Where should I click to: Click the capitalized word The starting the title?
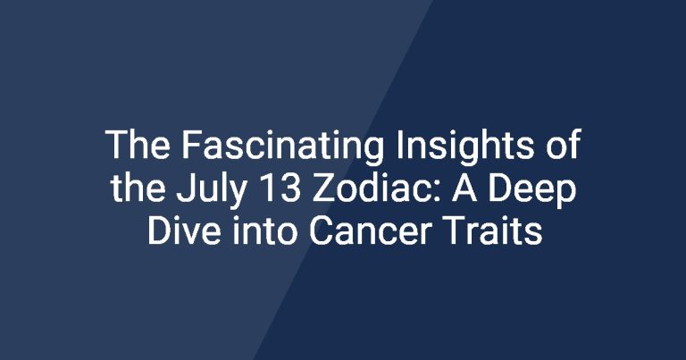[138, 145]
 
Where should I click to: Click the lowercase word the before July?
[138, 188]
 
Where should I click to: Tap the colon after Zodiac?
[436, 192]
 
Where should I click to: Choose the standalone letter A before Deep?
[464, 188]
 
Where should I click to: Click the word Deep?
[532, 192]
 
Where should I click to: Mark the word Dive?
[184, 231]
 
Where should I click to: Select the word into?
[264, 231]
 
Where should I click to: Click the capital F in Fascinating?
[191, 145]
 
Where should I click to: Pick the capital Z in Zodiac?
[322, 188]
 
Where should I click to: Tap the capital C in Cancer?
[321, 231]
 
